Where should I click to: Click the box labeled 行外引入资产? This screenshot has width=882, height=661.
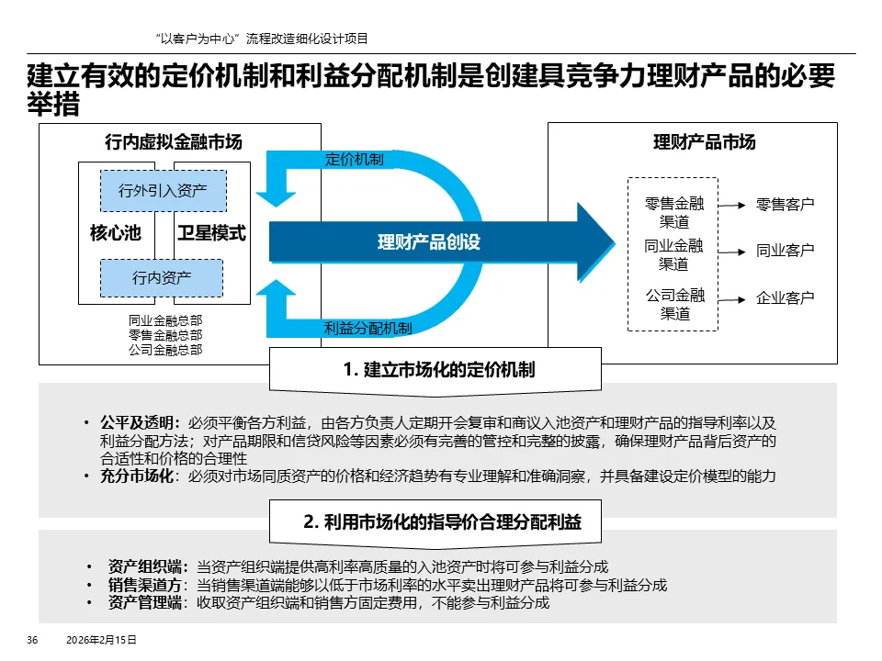pyautogui.click(x=163, y=191)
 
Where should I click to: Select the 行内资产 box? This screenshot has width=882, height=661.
pyautogui.click(x=162, y=277)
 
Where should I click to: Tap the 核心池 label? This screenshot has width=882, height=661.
pyautogui.click(x=115, y=233)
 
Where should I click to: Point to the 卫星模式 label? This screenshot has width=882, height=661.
pyautogui.click(x=211, y=233)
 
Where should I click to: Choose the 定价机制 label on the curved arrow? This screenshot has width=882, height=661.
pyautogui.click(x=355, y=159)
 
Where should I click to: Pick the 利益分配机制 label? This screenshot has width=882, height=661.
pyautogui.click(x=368, y=328)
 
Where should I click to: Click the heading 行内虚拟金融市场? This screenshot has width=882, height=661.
pyautogui.click(x=174, y=142)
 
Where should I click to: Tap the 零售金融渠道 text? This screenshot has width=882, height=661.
pyautogui.click(x=673, y=213)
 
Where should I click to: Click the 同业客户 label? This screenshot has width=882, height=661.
pyautogui.click(x=786, y=251)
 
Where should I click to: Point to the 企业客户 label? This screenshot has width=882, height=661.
pyautogui.click(x=786, y=298)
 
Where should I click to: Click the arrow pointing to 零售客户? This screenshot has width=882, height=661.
pyautogui.click(x=732, y=206)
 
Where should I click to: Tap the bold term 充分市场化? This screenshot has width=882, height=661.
pyautogui.click(x=141, y=476)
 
